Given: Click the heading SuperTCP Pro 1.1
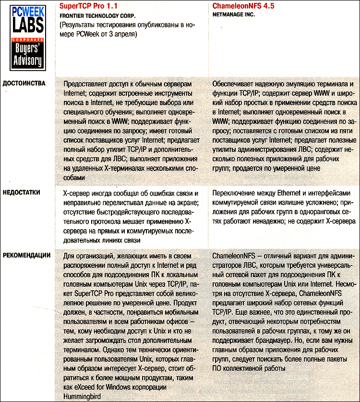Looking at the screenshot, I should (x=89, y=6).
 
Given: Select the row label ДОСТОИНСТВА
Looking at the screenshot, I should (x=24, y=83).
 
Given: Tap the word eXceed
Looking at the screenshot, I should (x=84, y=387).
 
